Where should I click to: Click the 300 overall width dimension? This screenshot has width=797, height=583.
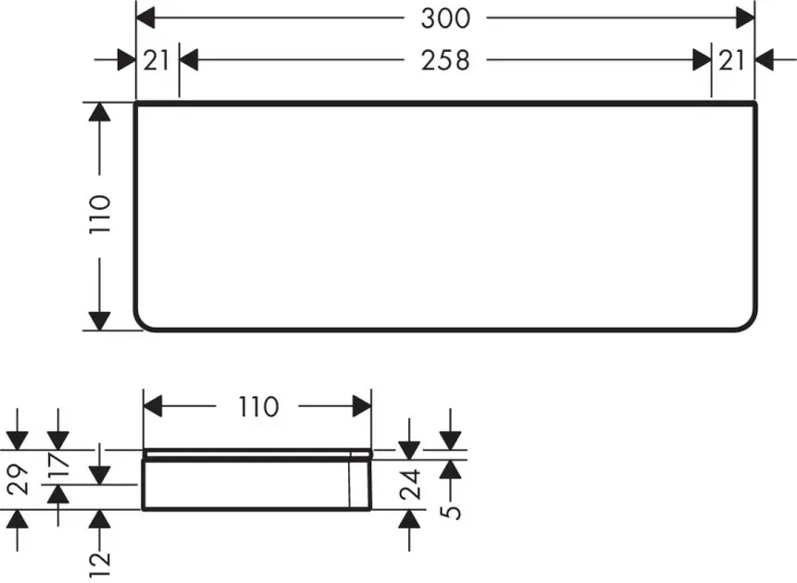point(445,19)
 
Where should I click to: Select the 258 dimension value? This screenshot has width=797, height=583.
point(445,60)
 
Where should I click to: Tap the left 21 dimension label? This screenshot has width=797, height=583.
point(156,60)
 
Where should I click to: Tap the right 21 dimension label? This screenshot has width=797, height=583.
point(732,60)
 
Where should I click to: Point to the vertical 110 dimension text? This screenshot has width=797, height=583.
point(100,214)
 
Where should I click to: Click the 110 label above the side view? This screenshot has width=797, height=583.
point(258,406)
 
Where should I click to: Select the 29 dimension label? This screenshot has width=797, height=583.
point(19,478)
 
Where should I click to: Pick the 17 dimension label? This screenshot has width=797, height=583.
point(59,465)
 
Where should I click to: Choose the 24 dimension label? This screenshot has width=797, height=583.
point(410,484)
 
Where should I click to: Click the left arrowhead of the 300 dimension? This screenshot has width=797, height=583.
point(146,19)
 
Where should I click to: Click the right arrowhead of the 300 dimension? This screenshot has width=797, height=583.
point(744,19)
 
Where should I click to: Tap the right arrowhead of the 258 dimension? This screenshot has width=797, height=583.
point(702,60)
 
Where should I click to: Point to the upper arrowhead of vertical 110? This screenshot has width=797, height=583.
point(100,112)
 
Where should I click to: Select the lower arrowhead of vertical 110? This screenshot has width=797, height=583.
point(100,321)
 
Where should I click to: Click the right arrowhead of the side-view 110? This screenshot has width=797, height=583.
point(362,406)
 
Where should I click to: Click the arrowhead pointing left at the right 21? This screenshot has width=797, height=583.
point(765,60)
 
